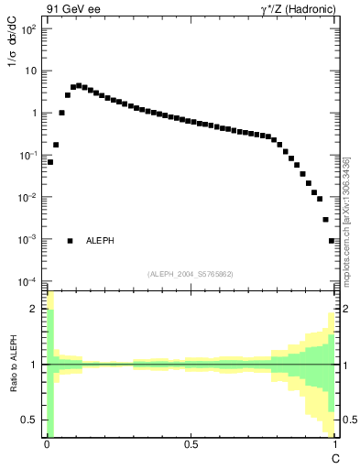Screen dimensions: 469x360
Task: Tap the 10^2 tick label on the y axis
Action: click(29, 29)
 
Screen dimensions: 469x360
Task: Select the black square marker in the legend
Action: click(70, 241)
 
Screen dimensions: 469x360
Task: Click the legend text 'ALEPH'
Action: click(100, 241)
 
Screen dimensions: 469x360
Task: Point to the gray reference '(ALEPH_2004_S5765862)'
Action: click(191, 274)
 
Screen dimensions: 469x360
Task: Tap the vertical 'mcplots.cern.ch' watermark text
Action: click(347, 220)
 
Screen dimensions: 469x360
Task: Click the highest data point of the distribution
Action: click(79, 85)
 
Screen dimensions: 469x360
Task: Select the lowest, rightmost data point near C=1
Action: click(332, 241)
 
